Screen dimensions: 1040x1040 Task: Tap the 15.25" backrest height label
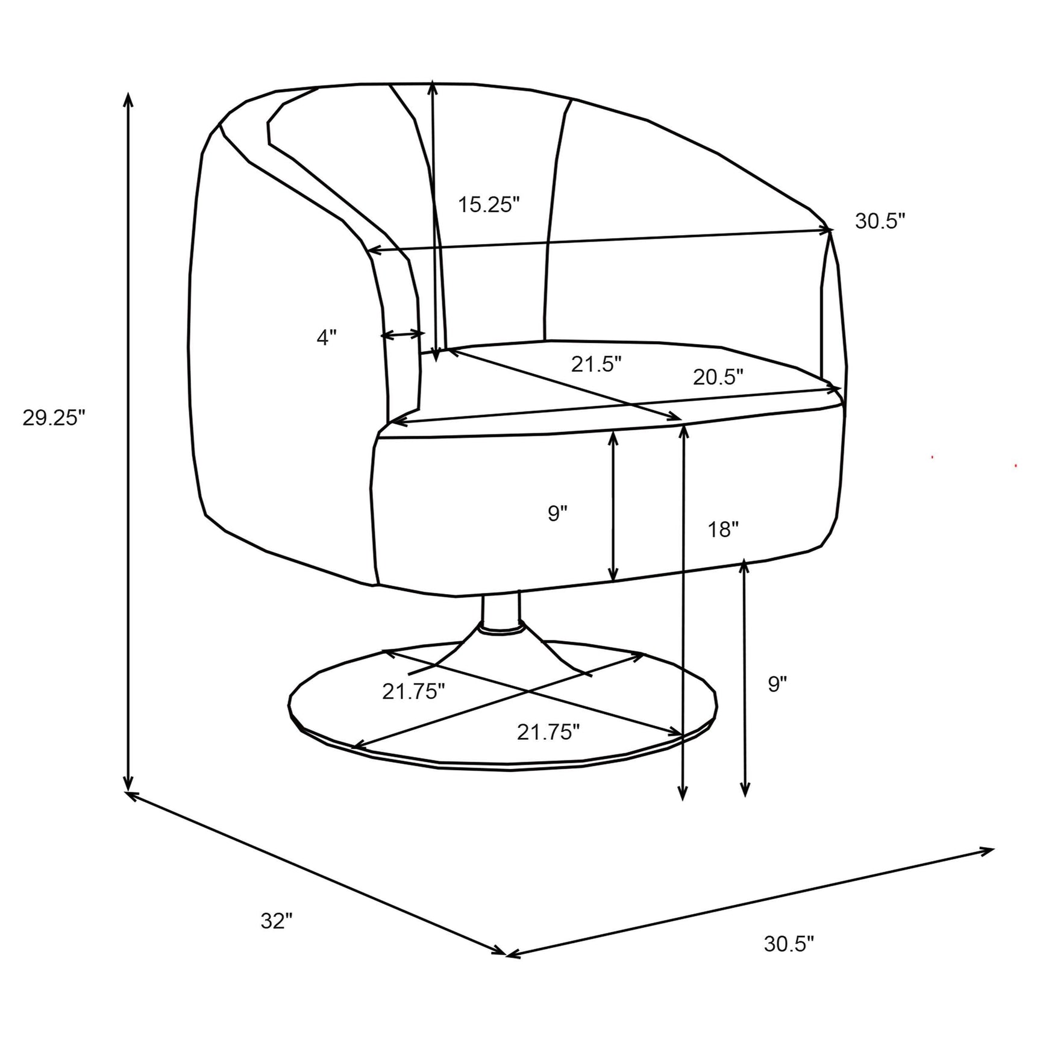pyautogui.click(x=489, y=204)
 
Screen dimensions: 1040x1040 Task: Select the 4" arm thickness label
pyautogui.click(x=327, y=337)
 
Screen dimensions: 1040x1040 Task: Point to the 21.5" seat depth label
pyautogui.click(x=596, y=364)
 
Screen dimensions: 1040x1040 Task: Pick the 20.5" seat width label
pyautogui.click(x=718, y=377)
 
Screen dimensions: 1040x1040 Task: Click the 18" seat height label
pyautogui.click(x=723, y=530)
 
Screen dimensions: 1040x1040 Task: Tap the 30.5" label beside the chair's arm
pyautogui.click(x=880, y=221)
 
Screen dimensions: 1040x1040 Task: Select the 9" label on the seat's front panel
pyautogui.click(x=558, y=513)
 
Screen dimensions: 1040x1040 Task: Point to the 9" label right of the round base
pyautogui.click(x=778, y=684)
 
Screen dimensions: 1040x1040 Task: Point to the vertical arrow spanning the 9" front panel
pyautogui.click(x=613, y=506)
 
